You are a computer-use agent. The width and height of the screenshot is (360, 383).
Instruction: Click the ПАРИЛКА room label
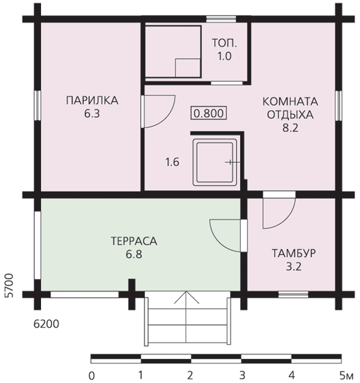(92, 101)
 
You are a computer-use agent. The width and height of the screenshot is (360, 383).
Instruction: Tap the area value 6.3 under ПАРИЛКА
(92, 114)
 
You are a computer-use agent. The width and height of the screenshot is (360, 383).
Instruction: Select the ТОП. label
(224, 43)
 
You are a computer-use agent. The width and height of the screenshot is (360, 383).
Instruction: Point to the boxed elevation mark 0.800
(209, 114)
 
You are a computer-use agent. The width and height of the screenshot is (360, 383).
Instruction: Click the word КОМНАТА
(290, 101)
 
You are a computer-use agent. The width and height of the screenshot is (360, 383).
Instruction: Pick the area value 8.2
(290, 128)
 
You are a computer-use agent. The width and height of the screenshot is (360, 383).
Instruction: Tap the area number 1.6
(172, 162)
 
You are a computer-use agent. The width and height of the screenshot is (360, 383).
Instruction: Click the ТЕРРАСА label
(134, 241)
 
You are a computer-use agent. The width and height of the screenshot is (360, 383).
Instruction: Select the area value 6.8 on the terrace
(134, 254)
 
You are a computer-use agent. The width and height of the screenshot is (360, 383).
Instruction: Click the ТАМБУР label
(294, 253)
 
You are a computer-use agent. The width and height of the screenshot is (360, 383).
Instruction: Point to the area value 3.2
(294, 267)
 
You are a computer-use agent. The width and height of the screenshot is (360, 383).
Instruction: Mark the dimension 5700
(9, 285)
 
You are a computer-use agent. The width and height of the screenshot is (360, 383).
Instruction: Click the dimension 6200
(46, 324)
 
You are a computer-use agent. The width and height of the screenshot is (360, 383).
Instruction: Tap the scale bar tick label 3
(242, 375)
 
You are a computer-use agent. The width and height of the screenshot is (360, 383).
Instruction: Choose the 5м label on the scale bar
(346, 375)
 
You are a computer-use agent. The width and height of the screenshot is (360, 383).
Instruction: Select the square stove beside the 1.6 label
(215, 162)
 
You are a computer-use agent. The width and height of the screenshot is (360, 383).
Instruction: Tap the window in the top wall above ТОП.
(221, 19)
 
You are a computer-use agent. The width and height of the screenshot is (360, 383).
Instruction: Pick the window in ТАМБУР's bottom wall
(294, 294)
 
